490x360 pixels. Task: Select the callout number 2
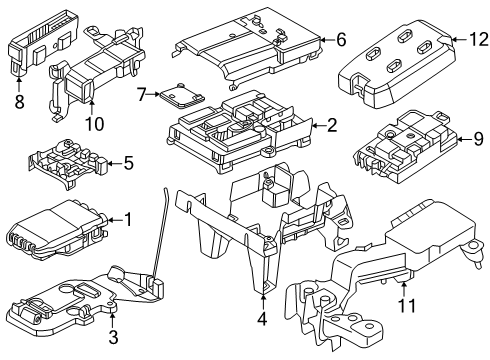click(x=332, y=127)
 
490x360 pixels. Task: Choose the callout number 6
click(x=341, y=40)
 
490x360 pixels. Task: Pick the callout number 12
click(x=460, y=40)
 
